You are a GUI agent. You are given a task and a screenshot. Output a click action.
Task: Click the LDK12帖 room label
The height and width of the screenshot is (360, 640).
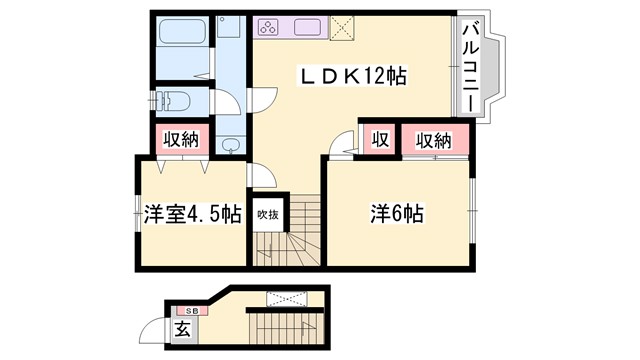355,77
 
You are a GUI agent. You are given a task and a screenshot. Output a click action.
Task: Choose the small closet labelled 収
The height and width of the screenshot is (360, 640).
380,138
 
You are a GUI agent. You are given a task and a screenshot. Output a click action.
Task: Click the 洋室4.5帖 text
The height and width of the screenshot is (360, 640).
191,214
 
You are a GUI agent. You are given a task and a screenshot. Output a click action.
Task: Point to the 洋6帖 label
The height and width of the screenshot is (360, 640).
398,214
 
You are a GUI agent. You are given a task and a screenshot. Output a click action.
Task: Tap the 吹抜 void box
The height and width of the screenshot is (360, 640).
266,214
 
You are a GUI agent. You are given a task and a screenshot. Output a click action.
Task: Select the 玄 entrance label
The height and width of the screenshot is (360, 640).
183,328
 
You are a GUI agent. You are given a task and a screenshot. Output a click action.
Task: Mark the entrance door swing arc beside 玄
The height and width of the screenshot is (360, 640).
152,329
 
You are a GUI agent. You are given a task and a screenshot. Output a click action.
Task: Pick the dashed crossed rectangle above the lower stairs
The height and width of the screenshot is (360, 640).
290,297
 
